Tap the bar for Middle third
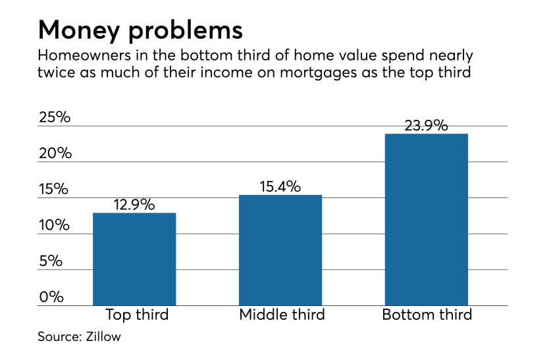[x=280, y=250]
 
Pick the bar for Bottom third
[x=426, y=219]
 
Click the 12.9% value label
[x=134, y=205]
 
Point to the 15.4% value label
[x=280, y=187]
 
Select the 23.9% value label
[x=426, y=126]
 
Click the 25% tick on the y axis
[x=53, y=118]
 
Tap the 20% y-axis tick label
[x=53, y=154]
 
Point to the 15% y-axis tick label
[x=53, y=190]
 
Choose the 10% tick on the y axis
[x=53, y=226]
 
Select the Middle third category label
[x=282, y=315]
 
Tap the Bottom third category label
[x=427, y=315]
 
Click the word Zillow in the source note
[x=103, y=337]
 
